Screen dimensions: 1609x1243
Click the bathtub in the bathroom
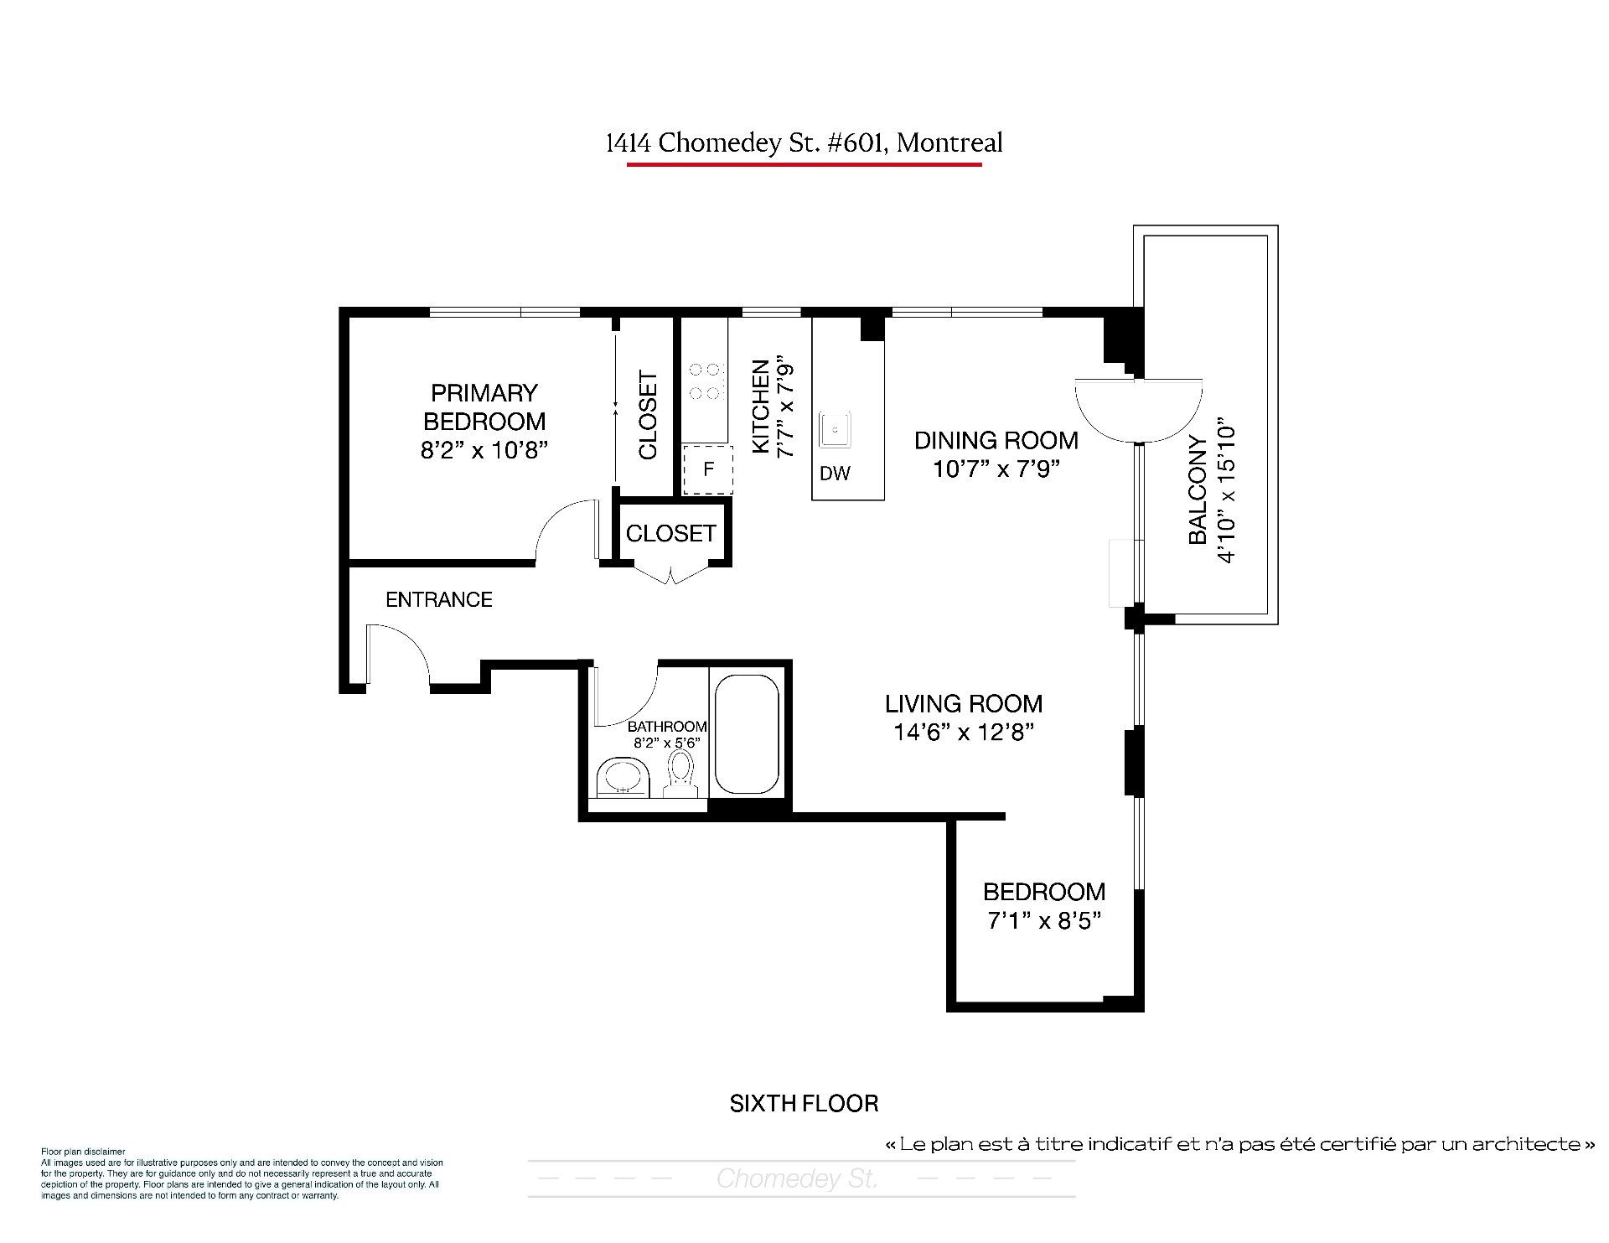746,733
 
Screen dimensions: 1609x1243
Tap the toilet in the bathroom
681,773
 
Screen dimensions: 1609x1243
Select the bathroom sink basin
623,776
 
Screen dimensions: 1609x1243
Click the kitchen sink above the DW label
836,429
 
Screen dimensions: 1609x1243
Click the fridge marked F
708,469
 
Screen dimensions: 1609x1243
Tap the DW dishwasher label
835,474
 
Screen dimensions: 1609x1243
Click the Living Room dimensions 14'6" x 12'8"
964,733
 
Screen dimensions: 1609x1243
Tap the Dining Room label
996,440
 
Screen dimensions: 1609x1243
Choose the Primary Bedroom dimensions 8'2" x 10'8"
484,450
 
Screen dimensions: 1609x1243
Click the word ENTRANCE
439,599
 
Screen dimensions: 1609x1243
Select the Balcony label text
1198,490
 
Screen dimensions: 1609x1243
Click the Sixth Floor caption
804,1104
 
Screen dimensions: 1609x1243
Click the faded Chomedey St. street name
797,1179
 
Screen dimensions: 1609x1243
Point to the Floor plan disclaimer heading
83,1152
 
